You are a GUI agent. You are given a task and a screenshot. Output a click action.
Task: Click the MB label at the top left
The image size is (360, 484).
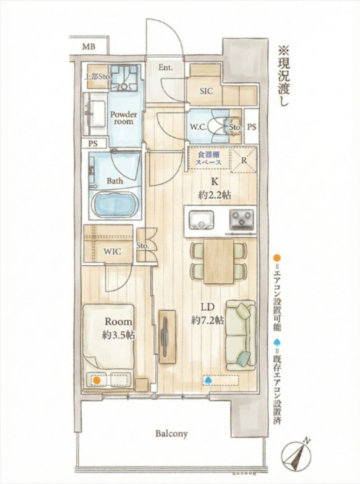pos(88,47)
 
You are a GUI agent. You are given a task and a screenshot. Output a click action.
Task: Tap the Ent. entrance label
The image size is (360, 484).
pos(165,68)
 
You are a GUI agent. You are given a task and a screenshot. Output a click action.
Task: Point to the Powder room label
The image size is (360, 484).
pos(124,118)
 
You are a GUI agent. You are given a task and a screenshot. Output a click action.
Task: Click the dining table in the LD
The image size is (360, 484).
pos(219,261)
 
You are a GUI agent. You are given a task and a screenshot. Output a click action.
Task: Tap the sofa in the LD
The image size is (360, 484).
pos(240,334)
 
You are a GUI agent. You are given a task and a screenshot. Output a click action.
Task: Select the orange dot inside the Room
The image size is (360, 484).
pos(97,380)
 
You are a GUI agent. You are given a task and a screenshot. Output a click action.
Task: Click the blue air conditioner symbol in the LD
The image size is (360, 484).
pos(208,380)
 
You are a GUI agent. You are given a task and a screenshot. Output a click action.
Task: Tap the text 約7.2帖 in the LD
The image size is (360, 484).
pos(207,320)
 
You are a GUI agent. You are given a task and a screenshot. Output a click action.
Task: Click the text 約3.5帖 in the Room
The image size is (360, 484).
pos(119,334)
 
